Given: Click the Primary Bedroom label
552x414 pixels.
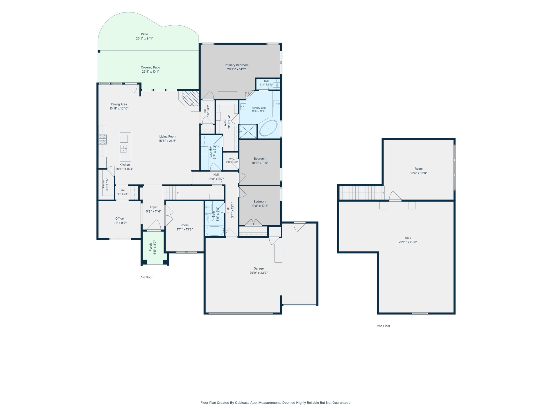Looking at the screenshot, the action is click(x=236, y=65).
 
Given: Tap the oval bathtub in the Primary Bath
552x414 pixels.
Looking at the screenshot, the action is click(x=268, y=128).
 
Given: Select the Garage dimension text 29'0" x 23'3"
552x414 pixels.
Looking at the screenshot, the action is click(x=259, y=273).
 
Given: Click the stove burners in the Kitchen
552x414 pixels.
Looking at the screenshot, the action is click(x=102, y=139).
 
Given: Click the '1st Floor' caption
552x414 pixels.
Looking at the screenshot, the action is click(x=147, y=277).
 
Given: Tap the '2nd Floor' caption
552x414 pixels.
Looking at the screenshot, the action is click(x=383, y=326).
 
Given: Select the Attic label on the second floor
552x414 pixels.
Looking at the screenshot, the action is click(x=408, y=238).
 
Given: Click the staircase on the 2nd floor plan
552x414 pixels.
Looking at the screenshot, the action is click(x=362, y=193).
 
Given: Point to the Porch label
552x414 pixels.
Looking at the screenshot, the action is click(x=150, y=248).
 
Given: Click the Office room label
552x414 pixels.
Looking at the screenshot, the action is click(x=119, y=218).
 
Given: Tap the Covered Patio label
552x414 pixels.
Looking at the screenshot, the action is click(x=150, y=67).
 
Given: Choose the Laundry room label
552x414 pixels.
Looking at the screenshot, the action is click(x=211, y=152).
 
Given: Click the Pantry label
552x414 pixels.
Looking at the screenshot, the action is click(x=103, y=184).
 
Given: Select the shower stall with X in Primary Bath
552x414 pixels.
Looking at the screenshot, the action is click(x=248, y=131).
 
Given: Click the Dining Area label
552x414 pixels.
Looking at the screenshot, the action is click(x=119, y=104).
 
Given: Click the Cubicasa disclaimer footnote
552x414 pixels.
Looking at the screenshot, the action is click(x=276, y=403).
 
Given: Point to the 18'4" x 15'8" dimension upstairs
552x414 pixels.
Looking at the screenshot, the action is click(x=418, y=173).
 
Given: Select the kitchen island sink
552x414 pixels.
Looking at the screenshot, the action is click(x=123, y=149).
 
